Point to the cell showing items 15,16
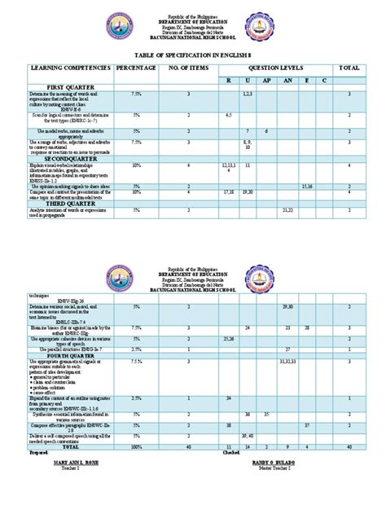(x=307, y=186)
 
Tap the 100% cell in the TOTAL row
(x=136, y=447)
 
